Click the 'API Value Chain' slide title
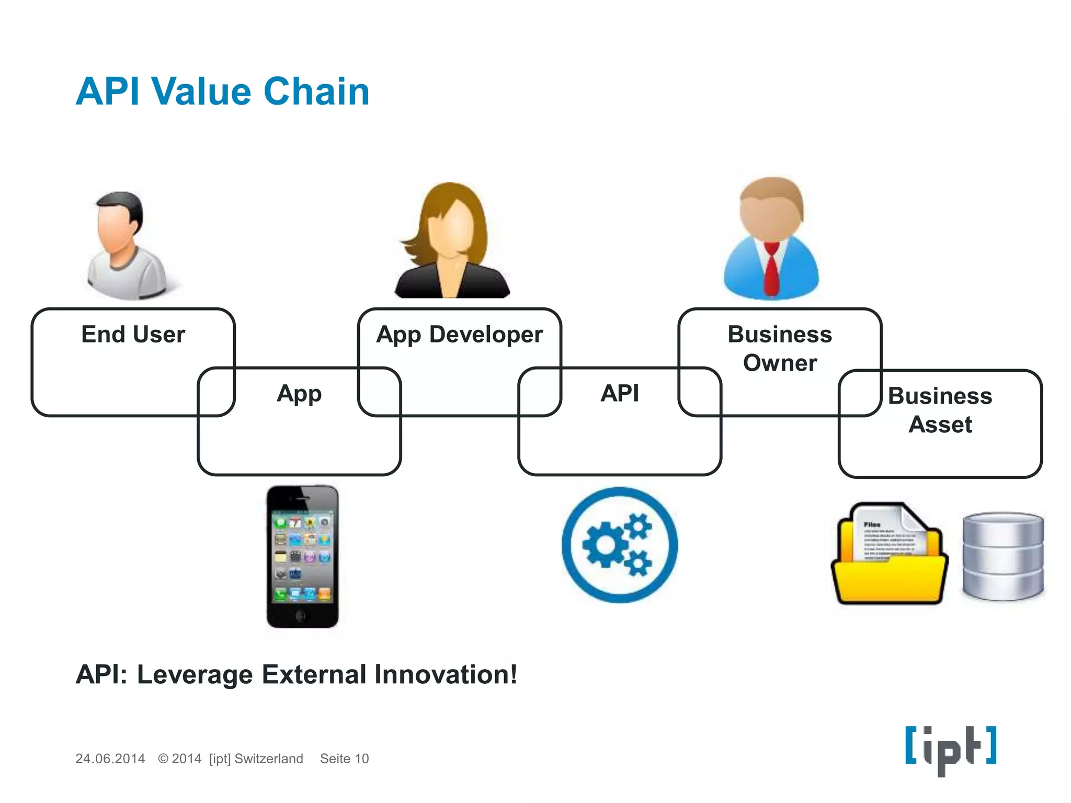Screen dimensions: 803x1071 click(x=222, y=91)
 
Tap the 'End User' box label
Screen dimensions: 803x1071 click(x=133, y=335)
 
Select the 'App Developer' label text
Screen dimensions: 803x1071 click(x=459, y=335)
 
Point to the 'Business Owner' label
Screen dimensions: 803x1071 click(x=780, y=348)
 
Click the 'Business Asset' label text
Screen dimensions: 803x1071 click(x=940, y=410)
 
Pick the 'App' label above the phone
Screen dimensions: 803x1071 click(x=299, y=394)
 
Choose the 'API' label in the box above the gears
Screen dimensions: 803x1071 click(x=620, y=393)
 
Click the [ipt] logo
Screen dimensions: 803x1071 click(x=950, y=749)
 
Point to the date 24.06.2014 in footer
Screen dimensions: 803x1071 click(x=110, y=759)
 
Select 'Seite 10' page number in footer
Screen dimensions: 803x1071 click(x=344, y=759)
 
